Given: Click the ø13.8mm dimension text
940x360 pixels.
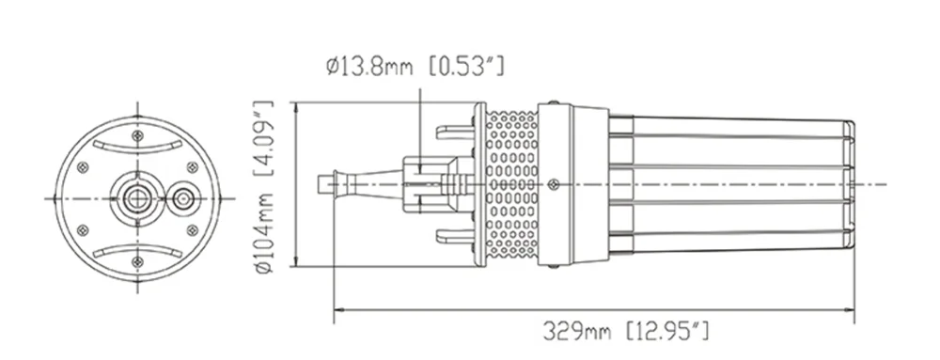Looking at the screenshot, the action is pyautogui.click(x=369, y=65).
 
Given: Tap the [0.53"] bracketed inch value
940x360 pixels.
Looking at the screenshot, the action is pyautogui.click(x=467, y=65).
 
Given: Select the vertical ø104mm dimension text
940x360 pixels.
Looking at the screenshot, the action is pyautogui.click(x=264, y=234).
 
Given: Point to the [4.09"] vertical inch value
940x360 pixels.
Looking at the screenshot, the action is pyautogui.click(x=264, y=138).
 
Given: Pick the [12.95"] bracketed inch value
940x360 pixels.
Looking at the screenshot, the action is pyautogui.click(x=667, y=331).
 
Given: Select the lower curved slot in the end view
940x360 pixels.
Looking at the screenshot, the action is pyautogui.click(x=137, y=251).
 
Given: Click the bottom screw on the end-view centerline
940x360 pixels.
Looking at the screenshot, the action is pyautogui.click(x=137, y=261).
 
